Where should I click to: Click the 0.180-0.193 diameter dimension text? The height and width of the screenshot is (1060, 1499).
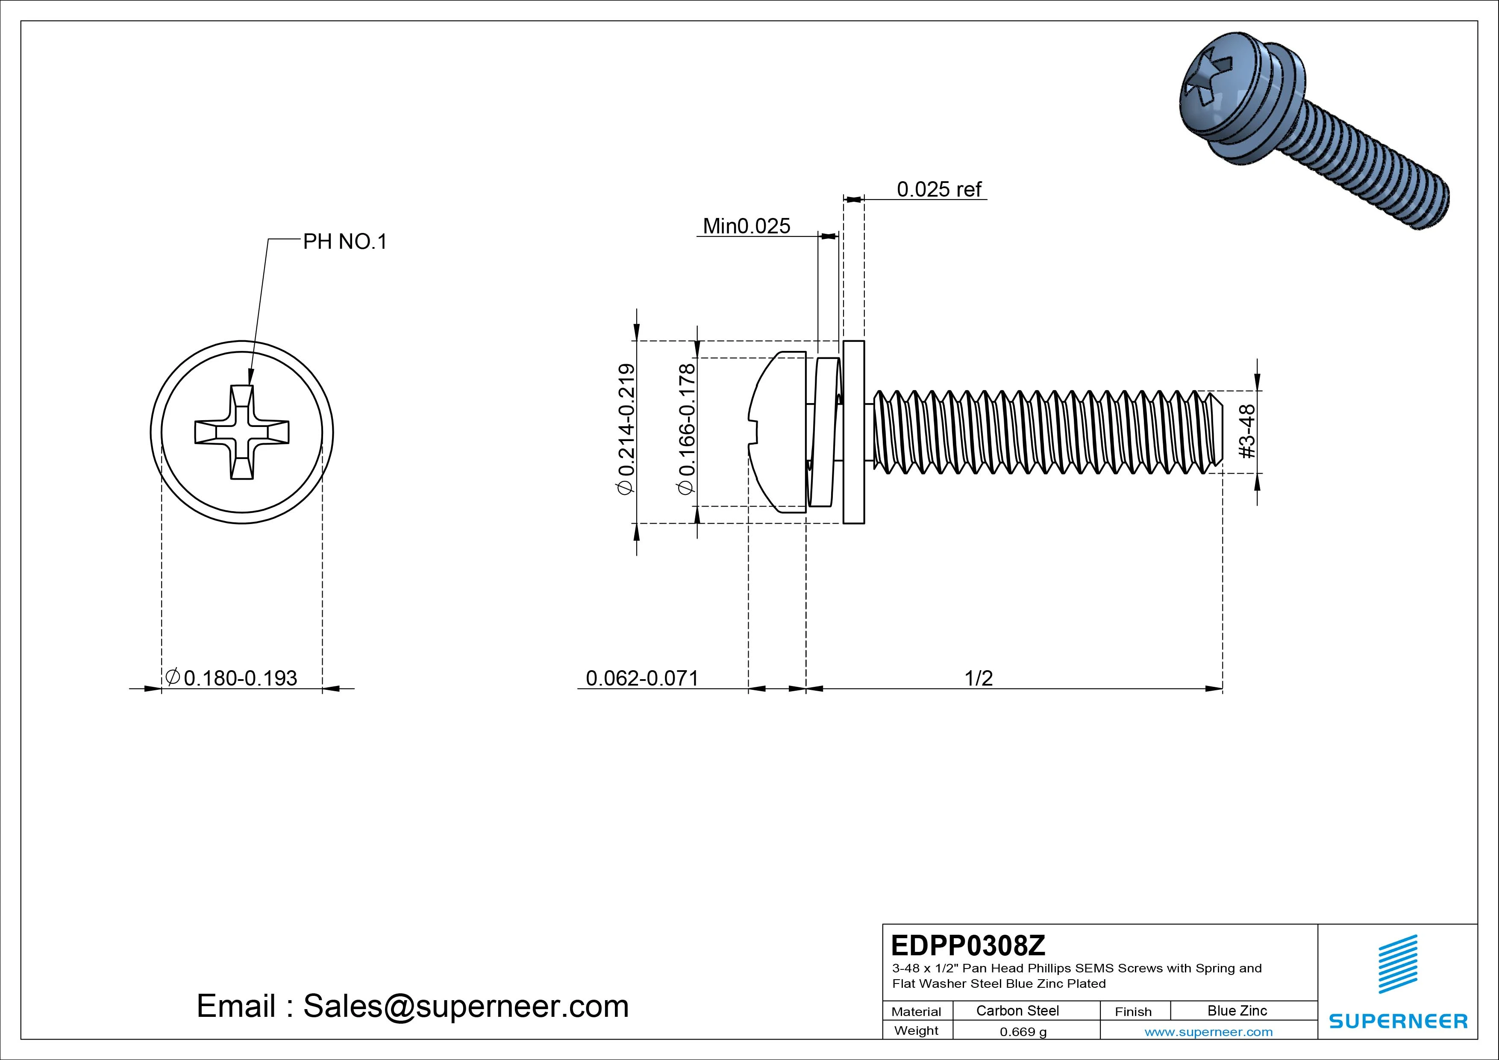coord(240,678)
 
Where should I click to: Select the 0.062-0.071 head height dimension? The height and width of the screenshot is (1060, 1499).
coord(642,678)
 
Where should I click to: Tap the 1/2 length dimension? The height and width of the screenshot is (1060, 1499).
coord(978,678)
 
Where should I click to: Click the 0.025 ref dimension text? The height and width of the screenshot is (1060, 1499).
coord(938,189)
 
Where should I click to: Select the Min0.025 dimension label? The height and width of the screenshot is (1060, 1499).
coord(746,226)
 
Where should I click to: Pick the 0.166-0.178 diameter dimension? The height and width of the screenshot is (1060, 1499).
coord(687,429)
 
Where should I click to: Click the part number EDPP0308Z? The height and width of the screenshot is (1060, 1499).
coord(967,945)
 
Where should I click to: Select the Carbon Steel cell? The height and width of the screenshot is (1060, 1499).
coord(1017,1010)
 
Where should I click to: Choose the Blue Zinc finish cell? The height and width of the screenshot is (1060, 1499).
coord(1237,1010)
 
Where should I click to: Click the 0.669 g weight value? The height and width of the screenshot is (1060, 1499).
coord(1023,1032)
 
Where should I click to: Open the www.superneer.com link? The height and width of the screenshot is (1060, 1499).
coord(1208,1032)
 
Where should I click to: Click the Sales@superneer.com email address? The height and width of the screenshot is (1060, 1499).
coord(465,1007)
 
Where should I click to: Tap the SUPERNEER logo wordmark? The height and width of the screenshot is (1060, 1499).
coord(1398,1021)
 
